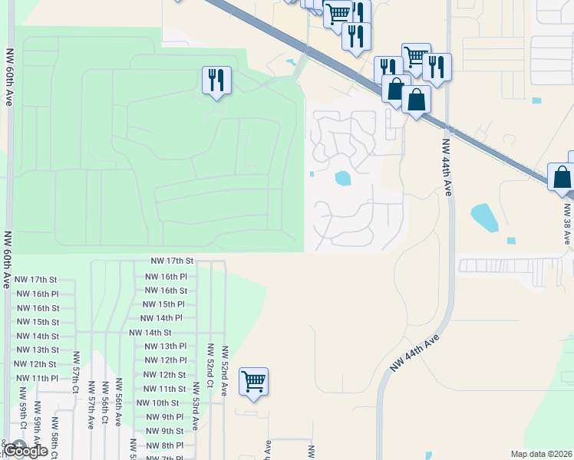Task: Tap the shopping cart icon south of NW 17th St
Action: (253, 382)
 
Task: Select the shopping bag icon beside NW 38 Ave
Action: (562, 176)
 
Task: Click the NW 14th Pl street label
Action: (161, 318)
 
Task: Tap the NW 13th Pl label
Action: (166, 347)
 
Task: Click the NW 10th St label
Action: (157, 403)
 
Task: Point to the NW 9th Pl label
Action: (163, 417)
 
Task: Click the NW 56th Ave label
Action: (119, 403)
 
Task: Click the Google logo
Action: (27, 451)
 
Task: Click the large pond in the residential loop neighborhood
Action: (342, 179)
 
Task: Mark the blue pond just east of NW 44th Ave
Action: (484, 217)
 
